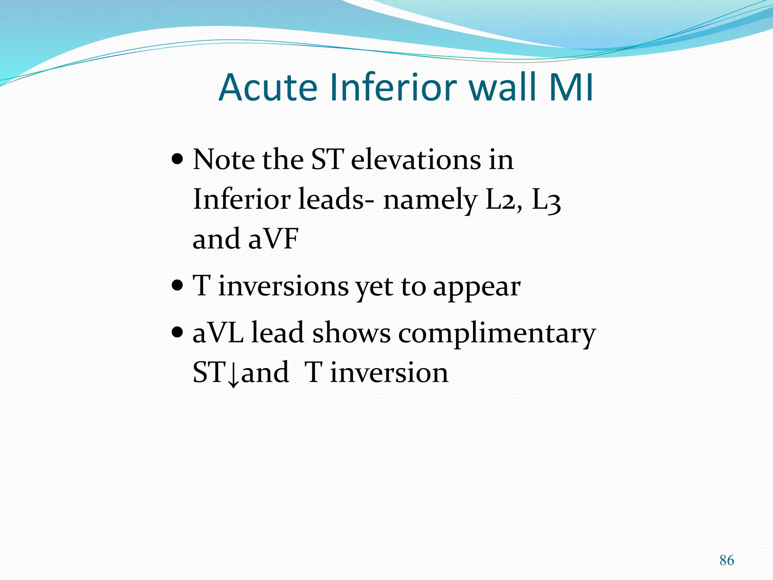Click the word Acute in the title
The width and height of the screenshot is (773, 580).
tap(268, 88)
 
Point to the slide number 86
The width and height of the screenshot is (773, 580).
tap(727, 560)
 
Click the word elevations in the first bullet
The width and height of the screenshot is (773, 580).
tap(416, 160)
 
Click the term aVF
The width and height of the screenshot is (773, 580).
tap(273, 239)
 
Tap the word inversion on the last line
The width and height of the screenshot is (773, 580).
tap(389, 373)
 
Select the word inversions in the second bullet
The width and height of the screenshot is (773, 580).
tap(283, 287)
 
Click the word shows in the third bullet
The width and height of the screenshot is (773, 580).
tap(351, 333)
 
